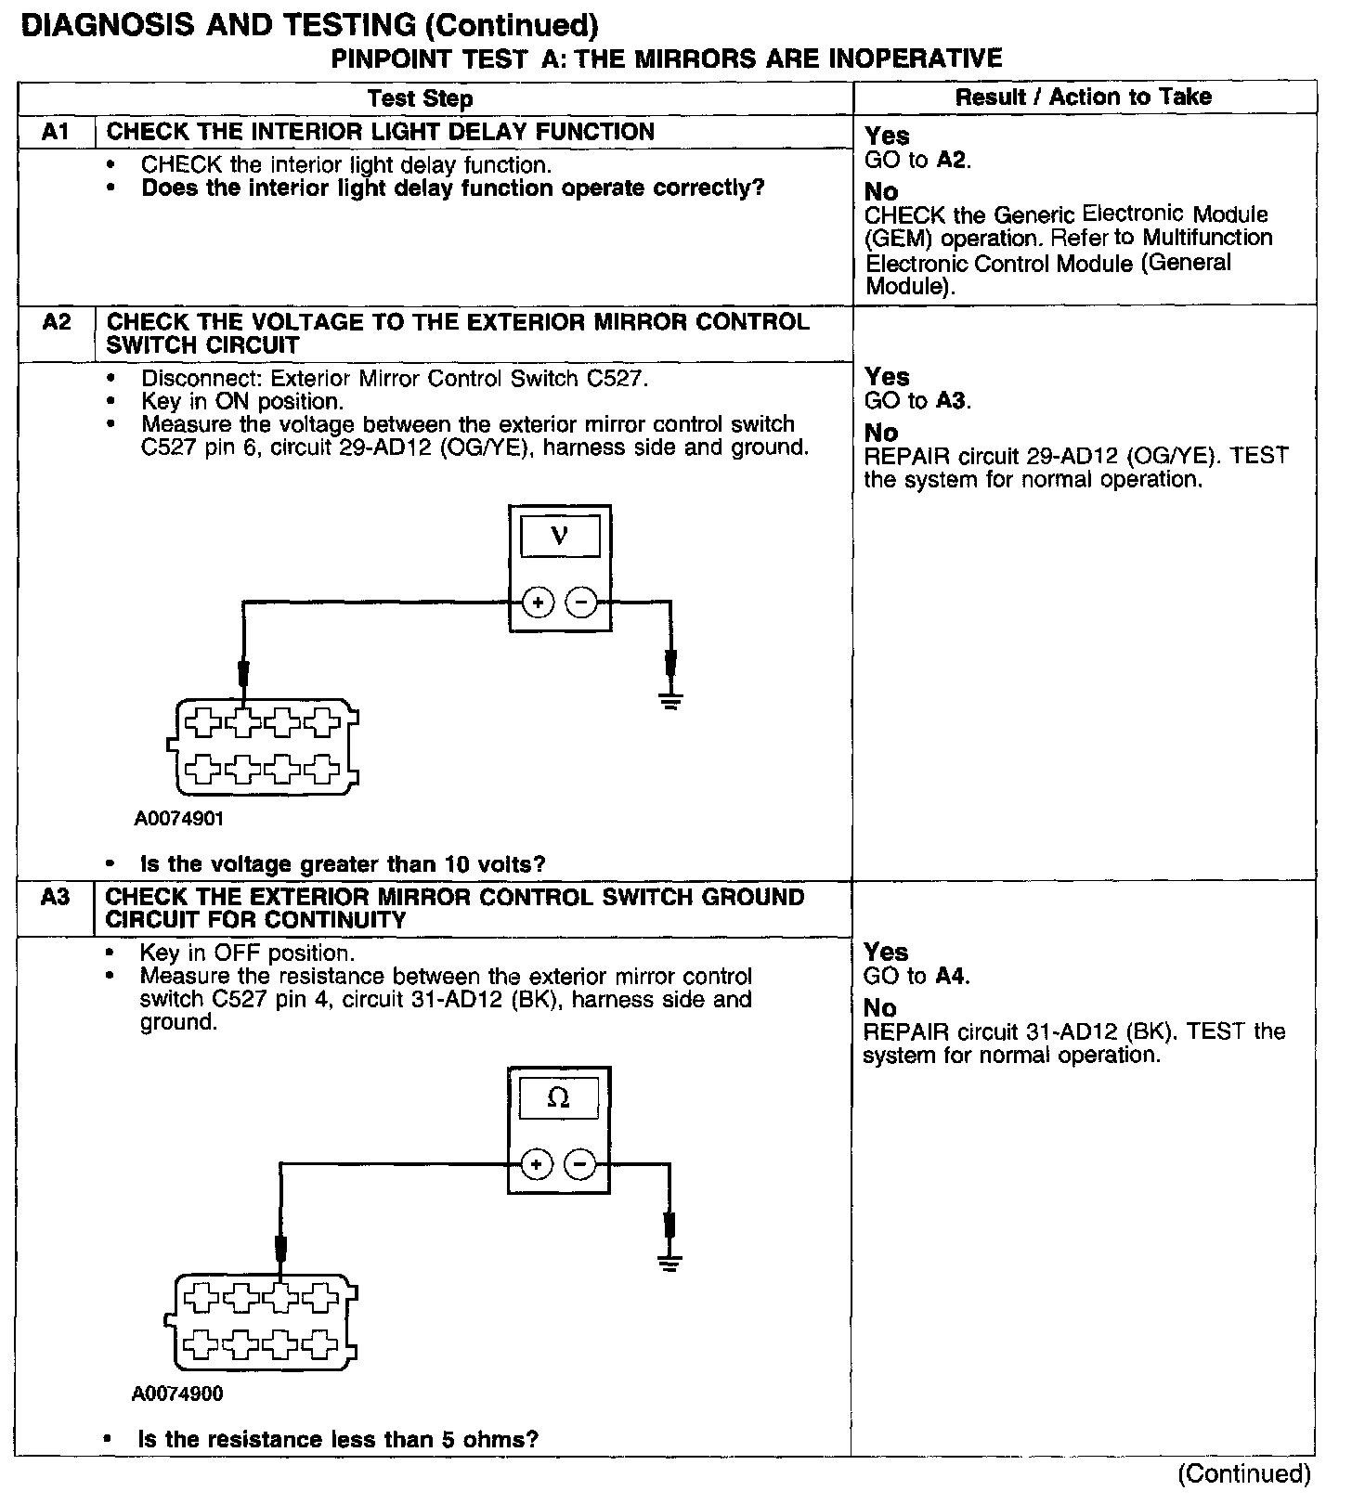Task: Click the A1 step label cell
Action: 56,132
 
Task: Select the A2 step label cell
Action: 56,323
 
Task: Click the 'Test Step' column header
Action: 420,98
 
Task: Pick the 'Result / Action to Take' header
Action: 1084,97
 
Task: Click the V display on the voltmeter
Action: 560,536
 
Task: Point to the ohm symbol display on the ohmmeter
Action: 558,1097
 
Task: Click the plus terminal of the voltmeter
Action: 538,603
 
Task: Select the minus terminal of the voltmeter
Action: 581,603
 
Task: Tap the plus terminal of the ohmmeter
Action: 536,1163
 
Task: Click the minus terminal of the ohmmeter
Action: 580,1163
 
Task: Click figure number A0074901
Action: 179,820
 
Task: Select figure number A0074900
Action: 177,1394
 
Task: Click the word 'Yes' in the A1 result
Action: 887,136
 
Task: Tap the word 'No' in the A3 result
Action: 880,1008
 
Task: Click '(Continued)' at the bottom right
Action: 1243,1474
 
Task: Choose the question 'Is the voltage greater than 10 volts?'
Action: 343,864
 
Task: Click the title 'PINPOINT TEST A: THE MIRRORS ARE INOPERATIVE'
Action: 667,59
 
